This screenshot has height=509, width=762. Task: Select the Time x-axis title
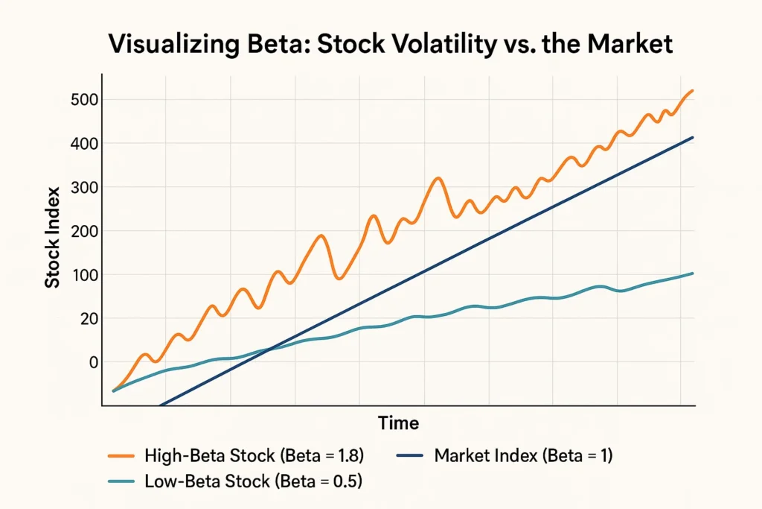point(398,423)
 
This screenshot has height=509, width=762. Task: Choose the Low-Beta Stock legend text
point(253,481)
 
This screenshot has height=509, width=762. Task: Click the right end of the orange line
point(693,90)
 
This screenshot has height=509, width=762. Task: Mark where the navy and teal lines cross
point(272,347)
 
